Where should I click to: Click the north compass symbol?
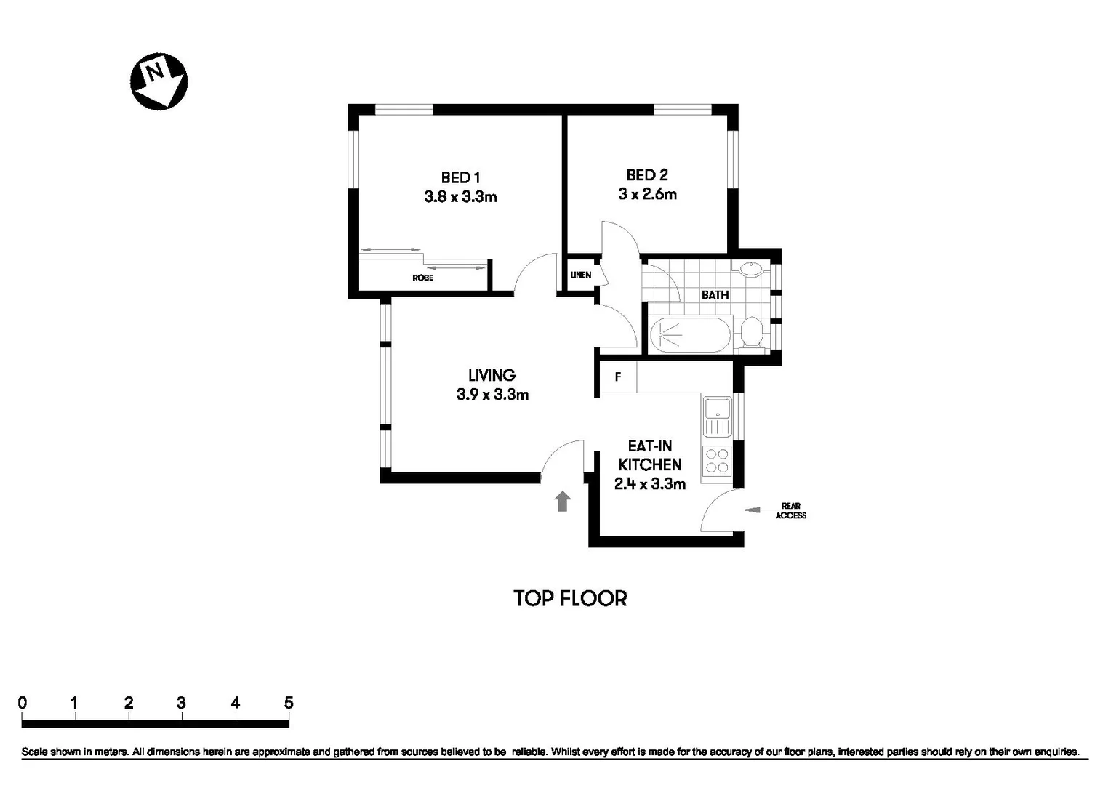point(159,81)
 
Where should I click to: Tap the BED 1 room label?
point(460,177)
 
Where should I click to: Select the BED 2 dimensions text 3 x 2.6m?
point(647,194)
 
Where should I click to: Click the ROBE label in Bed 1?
point(422,278)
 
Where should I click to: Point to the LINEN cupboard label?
point(580,275)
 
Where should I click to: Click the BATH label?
point(715,295)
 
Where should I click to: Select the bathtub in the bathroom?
point(688,335)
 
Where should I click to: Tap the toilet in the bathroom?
point(751,334)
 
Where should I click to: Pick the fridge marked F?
point(617,377)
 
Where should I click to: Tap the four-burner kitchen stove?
point(717,461)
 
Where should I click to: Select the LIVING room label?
point(492,375)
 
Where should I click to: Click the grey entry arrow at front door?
point(562,502)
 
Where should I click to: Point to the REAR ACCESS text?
point(790,511)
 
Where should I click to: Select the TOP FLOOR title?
point(570,598)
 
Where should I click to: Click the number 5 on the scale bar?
point(289,703)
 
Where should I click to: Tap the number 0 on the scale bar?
point(23,703)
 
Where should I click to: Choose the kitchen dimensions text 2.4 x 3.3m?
point(649,484)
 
